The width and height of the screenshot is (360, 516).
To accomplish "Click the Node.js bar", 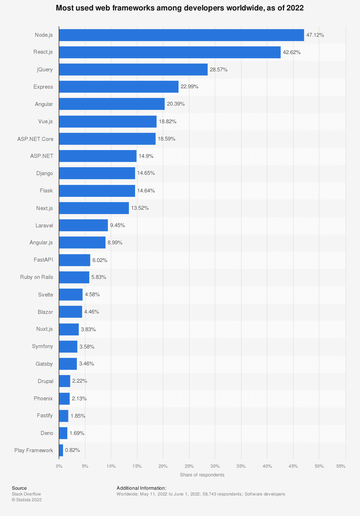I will (181, 35).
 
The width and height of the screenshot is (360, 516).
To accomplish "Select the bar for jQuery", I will (133, 70).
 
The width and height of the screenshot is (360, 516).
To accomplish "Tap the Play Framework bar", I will (61, 450).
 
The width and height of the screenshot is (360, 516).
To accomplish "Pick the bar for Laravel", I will (84, 225).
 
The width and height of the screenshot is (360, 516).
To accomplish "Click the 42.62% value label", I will (292, 52).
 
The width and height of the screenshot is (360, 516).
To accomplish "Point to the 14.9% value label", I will (146, 156).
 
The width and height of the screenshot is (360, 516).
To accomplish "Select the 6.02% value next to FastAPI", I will (100, 260).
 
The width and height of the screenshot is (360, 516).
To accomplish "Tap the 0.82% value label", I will (72, 450).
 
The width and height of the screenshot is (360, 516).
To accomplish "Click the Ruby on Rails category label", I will (37, 277).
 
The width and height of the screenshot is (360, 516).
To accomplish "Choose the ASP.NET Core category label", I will (35, 139).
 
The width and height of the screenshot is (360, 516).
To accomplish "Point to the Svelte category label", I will (46, 295).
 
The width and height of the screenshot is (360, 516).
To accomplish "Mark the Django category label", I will (45, 173).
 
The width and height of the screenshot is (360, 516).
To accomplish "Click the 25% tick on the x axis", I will (189, 466).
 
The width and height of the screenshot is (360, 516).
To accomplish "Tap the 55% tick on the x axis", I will (341, 466).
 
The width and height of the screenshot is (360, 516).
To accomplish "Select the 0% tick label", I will (59, 466).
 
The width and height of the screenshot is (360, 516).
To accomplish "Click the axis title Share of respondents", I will (202, 475).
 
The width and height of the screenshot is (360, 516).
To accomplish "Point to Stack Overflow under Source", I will (26, 494).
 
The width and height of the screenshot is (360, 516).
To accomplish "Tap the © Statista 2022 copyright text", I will (27, 500).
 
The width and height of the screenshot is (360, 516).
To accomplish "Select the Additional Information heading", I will (141, 488).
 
